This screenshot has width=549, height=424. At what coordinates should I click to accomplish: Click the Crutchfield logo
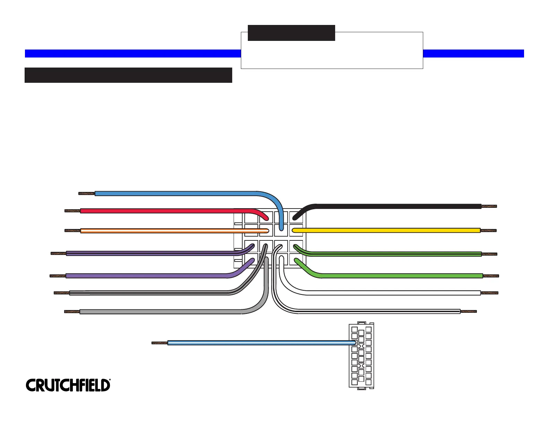(68, 385)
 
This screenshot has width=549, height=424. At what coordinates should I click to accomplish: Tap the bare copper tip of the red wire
(72, 211)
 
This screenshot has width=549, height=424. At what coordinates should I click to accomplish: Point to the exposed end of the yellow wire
(488, 230)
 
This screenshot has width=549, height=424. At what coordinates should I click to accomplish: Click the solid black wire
(399, 206)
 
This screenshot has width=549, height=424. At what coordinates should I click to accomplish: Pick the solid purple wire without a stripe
(146, 276)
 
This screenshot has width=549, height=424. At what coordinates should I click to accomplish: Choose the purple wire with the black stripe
(146, 254)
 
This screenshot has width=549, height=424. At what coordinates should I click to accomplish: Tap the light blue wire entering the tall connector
(260, 343)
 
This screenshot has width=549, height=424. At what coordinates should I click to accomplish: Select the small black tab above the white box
(291, 33)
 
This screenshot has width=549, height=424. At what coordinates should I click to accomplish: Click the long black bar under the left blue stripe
(128, 75)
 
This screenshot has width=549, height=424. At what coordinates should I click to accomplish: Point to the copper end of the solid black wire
(489, 206)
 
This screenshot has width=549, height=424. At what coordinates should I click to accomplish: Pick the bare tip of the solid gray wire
(72, 312)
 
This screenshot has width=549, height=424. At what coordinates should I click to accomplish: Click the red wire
(166, 211)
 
